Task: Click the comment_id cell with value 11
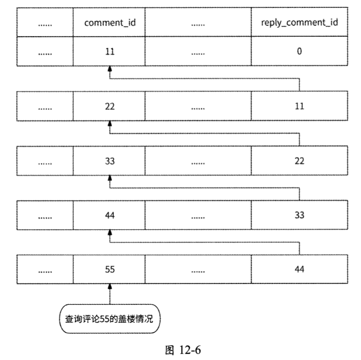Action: (109, 51)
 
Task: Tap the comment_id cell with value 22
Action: (109, 106)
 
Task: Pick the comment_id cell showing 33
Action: (109, 161)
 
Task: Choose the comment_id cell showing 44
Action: (109, 215)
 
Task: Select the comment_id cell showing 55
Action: (109, 270)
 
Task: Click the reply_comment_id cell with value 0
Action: (299, 51)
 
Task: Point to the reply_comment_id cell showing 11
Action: (299, 106)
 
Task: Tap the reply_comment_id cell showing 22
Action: (299, 161)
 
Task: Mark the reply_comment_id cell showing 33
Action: (299, 215)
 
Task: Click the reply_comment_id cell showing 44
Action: (299, 270)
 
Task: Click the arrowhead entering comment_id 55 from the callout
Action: (109, 288)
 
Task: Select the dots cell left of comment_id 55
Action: (46, 270)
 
